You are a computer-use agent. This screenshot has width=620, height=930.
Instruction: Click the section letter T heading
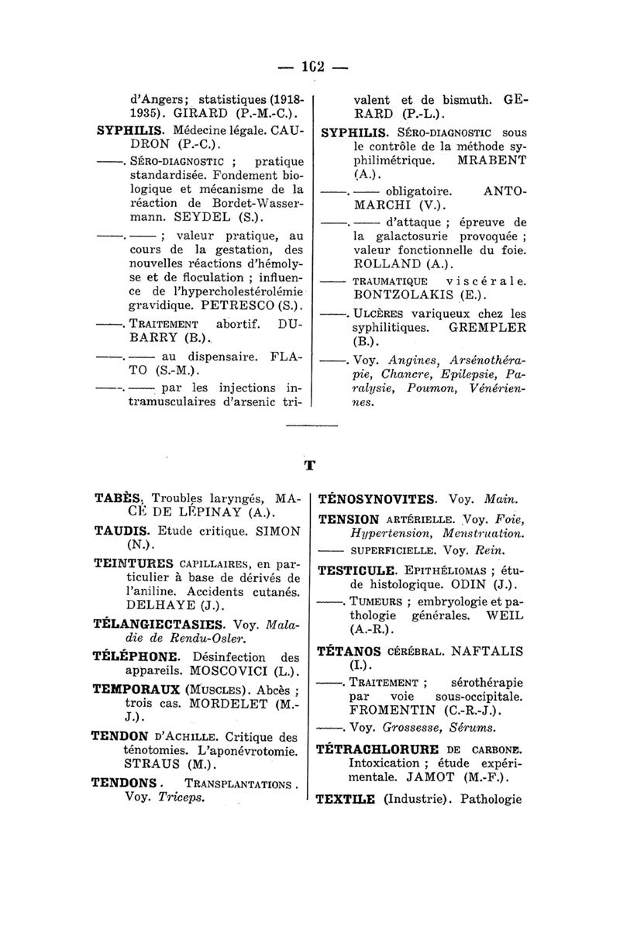pos(310,466)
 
